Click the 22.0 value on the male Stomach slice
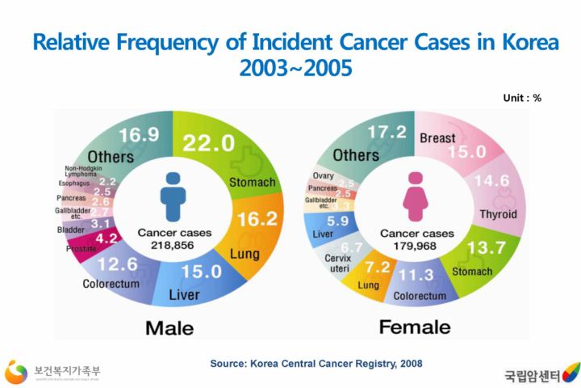[208, 143]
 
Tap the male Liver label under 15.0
[184, 295]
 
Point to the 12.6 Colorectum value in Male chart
[118, 264]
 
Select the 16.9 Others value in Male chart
[139, 134]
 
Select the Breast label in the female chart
[437, 138]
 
